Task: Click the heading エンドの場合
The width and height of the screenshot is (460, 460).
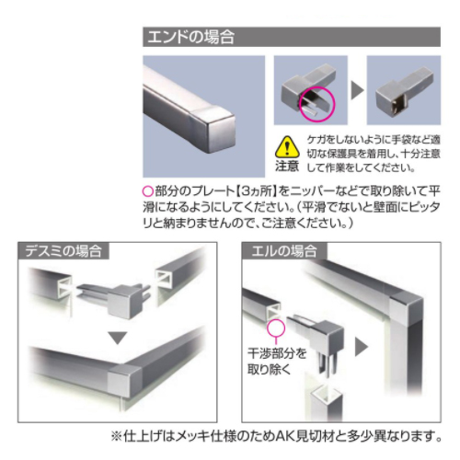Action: [x=190, y=37]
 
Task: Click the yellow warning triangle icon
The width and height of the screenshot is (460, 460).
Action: [x=287, y=147]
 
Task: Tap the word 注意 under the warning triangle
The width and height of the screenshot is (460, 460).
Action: [x=287, y=166]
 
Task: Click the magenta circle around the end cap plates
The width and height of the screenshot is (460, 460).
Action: [x=317, y=104]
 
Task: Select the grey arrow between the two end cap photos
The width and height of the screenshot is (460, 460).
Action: [x=357, y=90]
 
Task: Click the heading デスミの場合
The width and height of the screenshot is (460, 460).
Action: [x=63, y=251]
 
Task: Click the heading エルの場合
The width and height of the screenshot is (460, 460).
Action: [x=284, y=251]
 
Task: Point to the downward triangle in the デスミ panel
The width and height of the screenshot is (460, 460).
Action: [x=118, y=338]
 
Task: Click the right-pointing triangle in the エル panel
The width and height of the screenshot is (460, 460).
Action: [x=362, y=347]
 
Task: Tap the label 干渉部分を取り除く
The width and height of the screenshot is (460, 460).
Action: [x=277, y=362]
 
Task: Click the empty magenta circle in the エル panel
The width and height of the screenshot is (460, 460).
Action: [x=276, y=328]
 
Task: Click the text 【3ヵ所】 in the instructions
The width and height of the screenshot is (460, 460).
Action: [x=257, y=191]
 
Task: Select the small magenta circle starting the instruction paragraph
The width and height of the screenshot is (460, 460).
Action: [x=148, y=191]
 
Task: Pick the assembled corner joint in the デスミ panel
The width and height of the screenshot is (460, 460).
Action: [x=125, y=380]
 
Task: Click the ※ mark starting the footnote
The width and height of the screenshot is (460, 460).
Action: [x=117, y=436]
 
